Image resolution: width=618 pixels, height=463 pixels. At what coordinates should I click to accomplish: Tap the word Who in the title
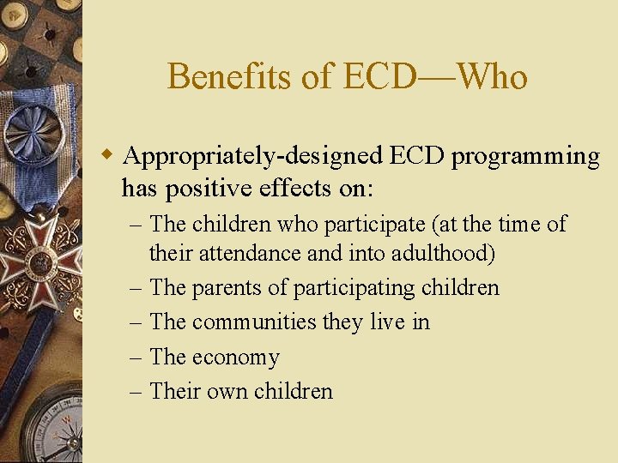pyautogui.click(x=492, y=77)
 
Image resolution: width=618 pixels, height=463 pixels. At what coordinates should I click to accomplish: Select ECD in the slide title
pyautogui.click(x=379, y=77)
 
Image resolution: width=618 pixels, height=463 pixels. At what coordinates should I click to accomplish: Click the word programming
pyautogui.click(x=525, y=157)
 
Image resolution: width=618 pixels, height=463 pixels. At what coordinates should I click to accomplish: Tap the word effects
pyautogui.click(x=295, y=187)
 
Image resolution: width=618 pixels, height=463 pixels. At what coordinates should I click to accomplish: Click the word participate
pyautogui.click(x=373, y=225)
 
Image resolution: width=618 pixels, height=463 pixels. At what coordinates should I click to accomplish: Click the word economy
pyautogui.click(x=236, y=358)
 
